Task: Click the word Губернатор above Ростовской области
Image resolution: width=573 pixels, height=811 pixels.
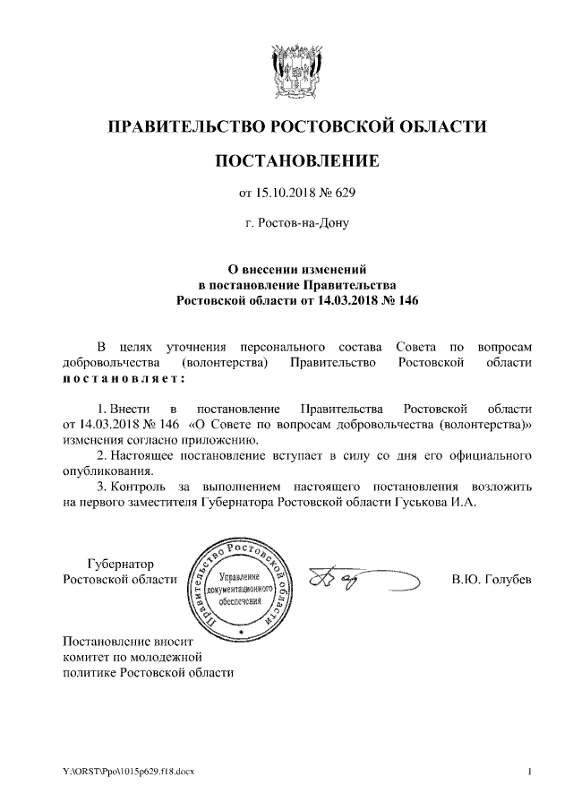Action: [x=120, y=564]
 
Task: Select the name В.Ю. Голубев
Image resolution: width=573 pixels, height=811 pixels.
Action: [x=492, y=580]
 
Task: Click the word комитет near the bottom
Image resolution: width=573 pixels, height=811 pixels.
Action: [x=84, y=657]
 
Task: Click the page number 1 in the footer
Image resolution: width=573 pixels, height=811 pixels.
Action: [x=530, y=772]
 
